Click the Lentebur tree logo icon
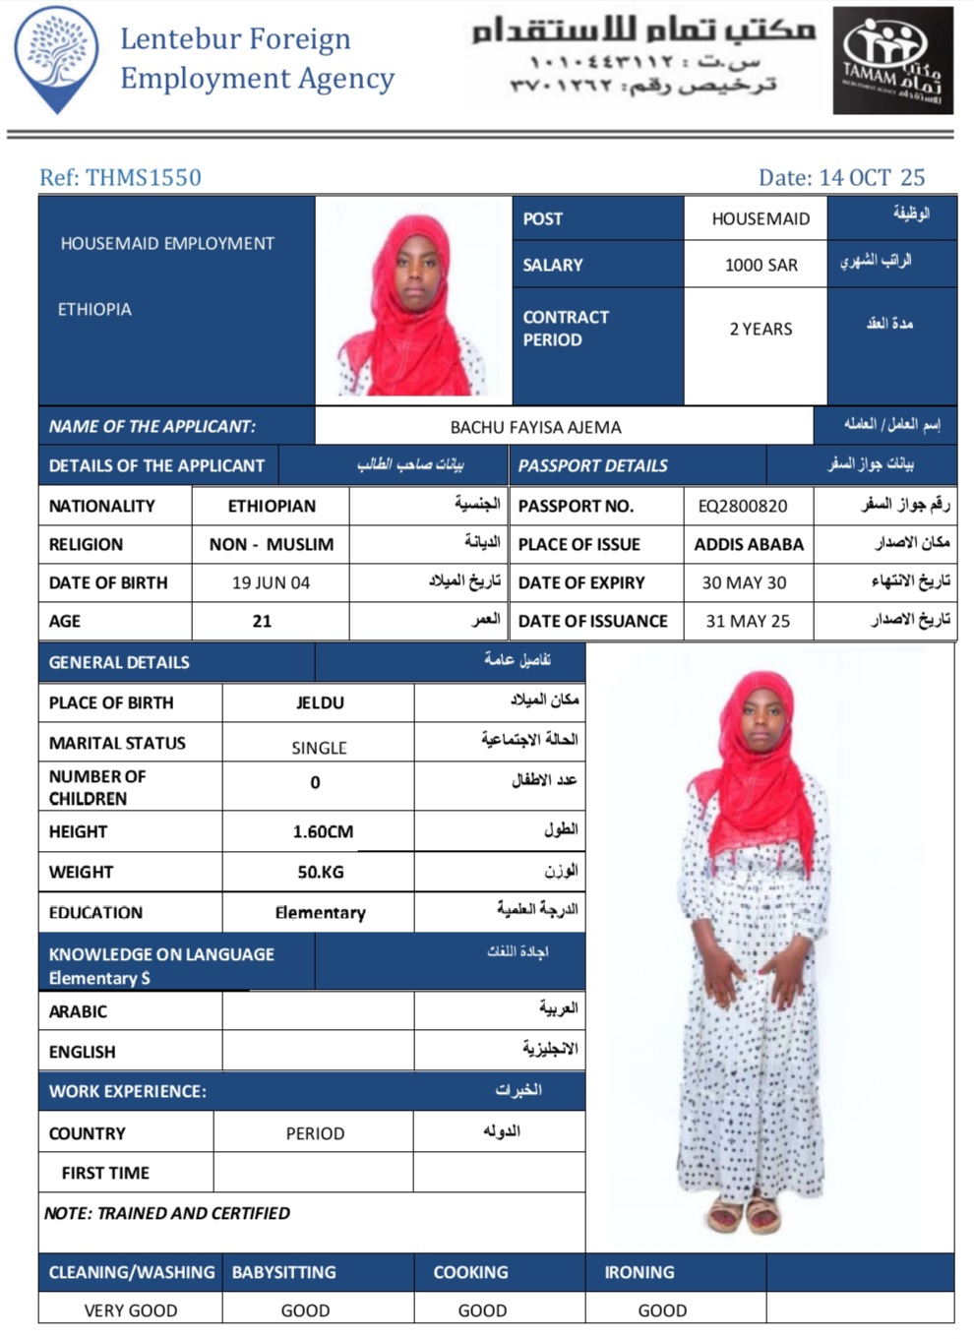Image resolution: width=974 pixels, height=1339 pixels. [57, 57]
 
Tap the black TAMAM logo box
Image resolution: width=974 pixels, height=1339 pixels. [892, 61]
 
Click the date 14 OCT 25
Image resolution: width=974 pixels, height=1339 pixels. [872, 178]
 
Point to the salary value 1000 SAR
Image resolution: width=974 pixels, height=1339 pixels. [761, 265]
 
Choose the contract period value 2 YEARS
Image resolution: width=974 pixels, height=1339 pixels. [761, 329]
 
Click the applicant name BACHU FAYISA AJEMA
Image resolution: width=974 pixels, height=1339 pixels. [535, 427]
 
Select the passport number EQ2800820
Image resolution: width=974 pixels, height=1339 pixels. [743, 506]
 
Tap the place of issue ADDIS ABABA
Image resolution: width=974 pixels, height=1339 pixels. [749, 544]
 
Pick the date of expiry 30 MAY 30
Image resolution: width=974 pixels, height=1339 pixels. [744, 582]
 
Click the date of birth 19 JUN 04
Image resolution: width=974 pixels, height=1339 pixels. [271, 582]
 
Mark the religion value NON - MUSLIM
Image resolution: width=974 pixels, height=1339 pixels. [271, 544]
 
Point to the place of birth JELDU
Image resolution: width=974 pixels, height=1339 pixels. [320, 702]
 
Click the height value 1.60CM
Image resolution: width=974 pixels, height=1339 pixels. [323, 831]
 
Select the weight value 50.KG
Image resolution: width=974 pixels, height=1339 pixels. [321, 872]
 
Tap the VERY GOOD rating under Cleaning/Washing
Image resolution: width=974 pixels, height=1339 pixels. [131, 1310]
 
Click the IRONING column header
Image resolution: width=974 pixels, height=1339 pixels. [639, 1272]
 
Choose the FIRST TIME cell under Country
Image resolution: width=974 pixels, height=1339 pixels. [105, 1173]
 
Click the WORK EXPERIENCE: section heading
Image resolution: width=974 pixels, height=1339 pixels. [128, 1091]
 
